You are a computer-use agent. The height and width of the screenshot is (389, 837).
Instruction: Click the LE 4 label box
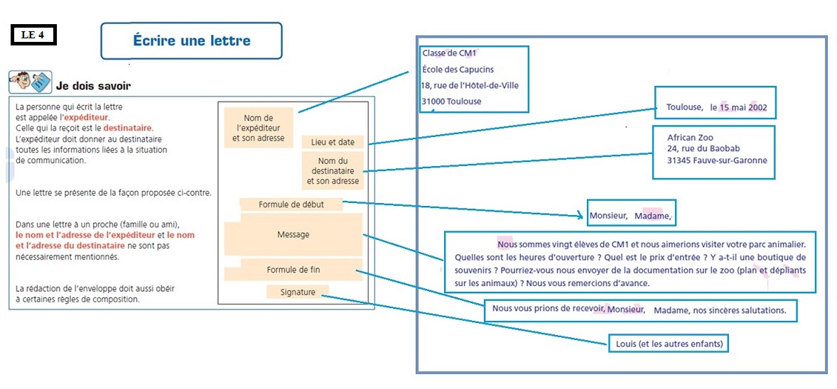click(33, 35)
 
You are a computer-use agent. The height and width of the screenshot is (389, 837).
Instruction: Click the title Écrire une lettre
click(192, 40)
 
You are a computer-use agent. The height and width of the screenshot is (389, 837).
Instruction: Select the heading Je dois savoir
click(93, 86)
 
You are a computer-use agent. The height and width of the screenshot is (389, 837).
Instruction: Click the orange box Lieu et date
click(333, 143)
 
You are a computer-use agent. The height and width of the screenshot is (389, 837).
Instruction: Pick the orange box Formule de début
click(291, 204)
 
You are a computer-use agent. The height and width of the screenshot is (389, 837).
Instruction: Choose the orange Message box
click(293, 234)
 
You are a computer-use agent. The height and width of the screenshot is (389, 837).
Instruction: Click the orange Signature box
click(298, 292)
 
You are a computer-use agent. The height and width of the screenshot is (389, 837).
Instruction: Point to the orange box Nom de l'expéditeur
click(258, 128)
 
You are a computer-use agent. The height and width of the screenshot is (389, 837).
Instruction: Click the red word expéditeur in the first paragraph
click(87, 116)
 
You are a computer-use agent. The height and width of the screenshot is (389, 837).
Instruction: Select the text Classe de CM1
click(449, 53)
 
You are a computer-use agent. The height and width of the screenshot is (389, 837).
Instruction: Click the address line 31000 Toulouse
click(451, 102)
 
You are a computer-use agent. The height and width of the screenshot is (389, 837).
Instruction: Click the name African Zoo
click(691, 137)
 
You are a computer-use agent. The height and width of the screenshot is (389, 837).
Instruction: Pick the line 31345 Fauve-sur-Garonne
click(717, 160)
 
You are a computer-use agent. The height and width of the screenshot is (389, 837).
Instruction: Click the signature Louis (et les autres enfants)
click(669, 344)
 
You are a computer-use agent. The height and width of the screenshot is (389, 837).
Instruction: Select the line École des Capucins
click(458, 70)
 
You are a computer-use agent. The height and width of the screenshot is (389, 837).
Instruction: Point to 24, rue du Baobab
click(703, 148)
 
